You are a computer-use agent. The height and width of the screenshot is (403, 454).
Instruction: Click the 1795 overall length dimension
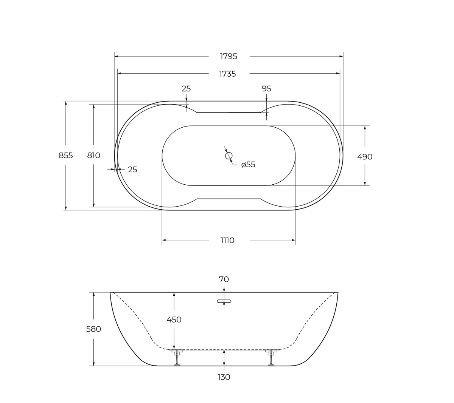(x=229, y=56)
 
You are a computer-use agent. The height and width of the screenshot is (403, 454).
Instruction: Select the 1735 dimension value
(x=227, y=74)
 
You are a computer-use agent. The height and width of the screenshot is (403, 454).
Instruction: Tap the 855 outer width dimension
(x=66, y=155)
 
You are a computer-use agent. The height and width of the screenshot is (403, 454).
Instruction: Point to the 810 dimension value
(x=94, y=155)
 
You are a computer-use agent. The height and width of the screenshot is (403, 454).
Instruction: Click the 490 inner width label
(x=365, y=157)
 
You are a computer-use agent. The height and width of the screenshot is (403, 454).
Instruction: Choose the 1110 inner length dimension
(x=227, y=240)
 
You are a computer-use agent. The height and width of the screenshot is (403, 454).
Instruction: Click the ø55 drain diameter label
(x=248, y=164)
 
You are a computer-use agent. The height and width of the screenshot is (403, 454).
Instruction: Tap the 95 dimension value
(x=266, y=89)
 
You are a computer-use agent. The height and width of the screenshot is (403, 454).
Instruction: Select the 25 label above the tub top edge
(x=186, y=89)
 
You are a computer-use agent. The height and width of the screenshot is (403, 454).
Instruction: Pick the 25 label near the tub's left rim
(x=132, y=169)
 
